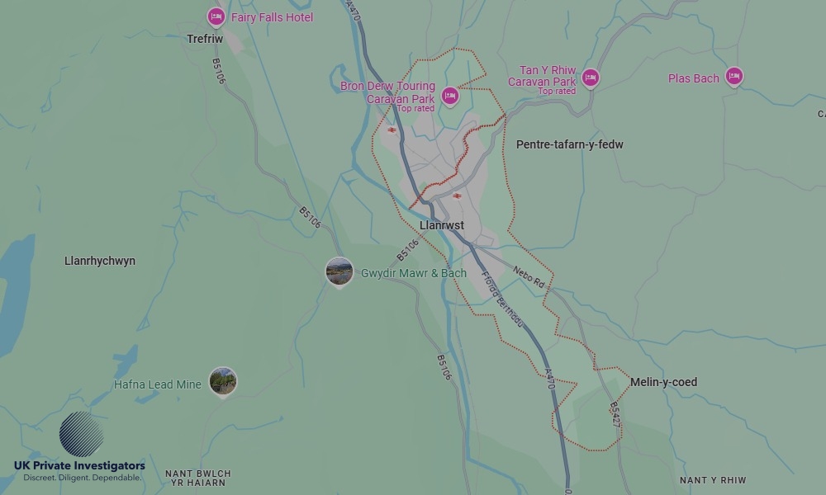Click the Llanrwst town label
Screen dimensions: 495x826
(442, 225)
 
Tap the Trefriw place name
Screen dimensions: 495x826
(206, 39)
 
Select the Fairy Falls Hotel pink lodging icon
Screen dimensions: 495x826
(216, 16)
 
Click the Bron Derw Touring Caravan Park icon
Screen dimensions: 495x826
(449, 97)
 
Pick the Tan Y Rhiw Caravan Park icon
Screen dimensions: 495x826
(590, 78)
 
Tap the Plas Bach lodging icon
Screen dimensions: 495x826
(733, 77)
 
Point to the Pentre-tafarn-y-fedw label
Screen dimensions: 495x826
(569, 144)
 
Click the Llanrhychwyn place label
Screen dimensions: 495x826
(100, 261)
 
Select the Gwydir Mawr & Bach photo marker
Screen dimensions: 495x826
(339, 271)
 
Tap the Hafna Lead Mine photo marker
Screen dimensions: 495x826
(222, 381)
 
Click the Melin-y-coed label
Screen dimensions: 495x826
(663, 382)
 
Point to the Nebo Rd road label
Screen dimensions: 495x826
(529, 276)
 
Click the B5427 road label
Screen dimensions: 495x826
(615, 414)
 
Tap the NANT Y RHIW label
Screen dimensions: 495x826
(712, 480)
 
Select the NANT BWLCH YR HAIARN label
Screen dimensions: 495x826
(198, 478)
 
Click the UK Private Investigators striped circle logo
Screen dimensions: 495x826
(82, 435)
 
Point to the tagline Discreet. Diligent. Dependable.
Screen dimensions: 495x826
(82, 478)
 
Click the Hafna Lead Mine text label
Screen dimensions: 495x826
(158, 384)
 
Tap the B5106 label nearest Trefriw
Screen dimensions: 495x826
(218, 71)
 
